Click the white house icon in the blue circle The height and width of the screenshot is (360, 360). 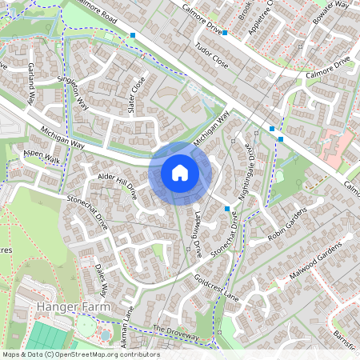click(180, 172)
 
